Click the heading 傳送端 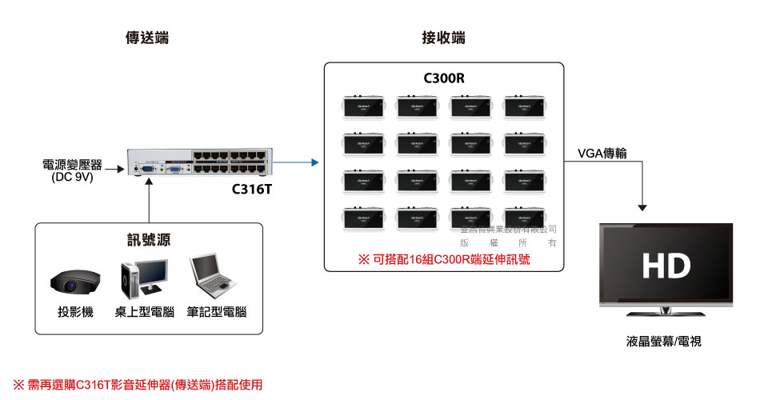(x=147, y=38)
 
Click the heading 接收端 (x=443, y=38)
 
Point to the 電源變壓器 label (x=73, y=165)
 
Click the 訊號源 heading (x=150, y=241)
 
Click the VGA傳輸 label (x=606, y=154)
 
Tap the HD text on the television (x=666, y=266)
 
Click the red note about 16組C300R (x=444, y=260)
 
